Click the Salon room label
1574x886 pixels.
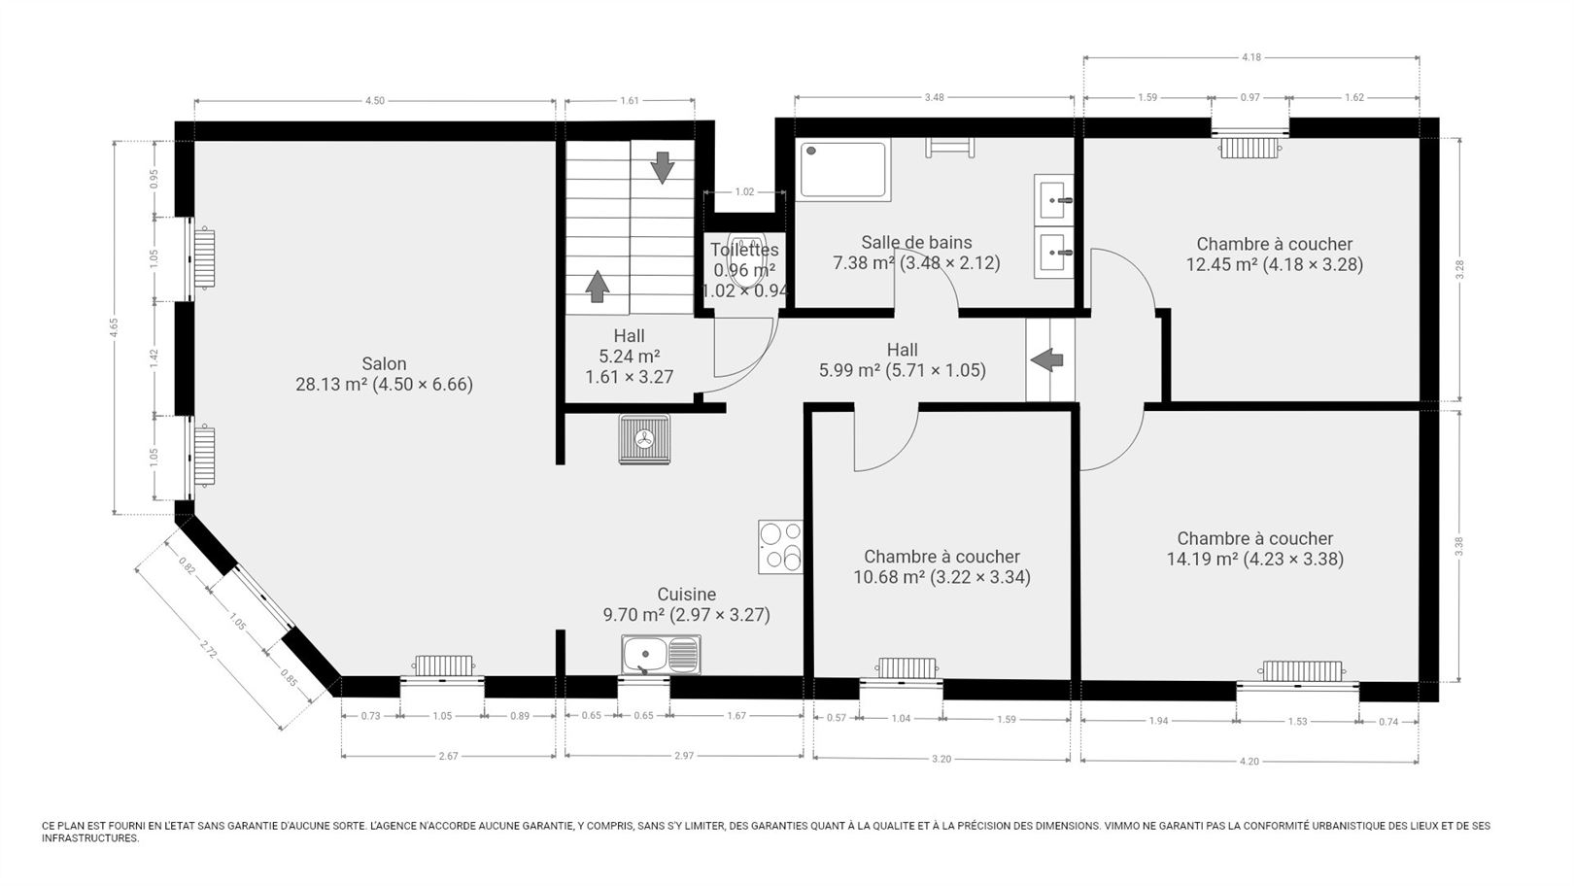click(x=385, y=364)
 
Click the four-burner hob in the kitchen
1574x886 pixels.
click(x=780, y=547)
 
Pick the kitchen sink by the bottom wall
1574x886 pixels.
click(x=661, y=655)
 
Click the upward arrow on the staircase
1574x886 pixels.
click(x=598, y=286)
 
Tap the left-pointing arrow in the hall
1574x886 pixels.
click(x=1047, y=359)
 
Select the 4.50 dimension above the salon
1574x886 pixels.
click(x=374, y=100)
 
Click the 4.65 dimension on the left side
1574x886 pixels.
click(x=114, y=327)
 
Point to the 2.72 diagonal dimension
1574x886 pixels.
click(x=209, y=649)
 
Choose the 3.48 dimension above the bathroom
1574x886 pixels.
click(x=934, y=97)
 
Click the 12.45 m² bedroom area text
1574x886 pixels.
click(x=1275, y=265)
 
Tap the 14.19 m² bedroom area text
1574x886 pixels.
click(x=1255, y=560)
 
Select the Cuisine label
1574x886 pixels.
click(x=687, y=595)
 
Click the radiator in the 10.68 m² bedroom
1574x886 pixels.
click(x=907, y=668)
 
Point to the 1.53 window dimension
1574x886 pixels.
click(x=1297, y=721)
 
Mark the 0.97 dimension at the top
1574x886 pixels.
click(x=1250, y=97)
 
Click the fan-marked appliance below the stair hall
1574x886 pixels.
click(x=644, y=439)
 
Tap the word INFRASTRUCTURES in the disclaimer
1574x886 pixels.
click(x=90, y=839)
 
